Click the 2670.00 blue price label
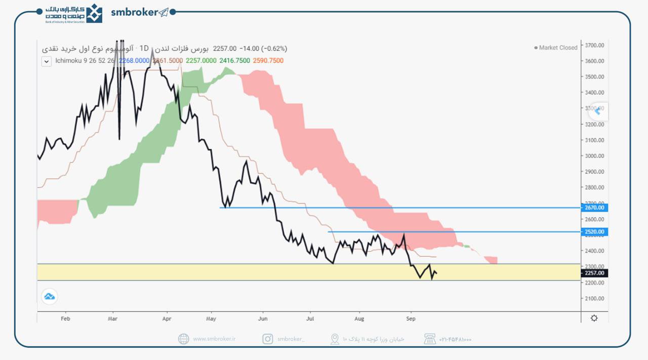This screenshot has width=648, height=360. [x=594, y=208]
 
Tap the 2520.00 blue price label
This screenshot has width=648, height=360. [x=594, y=232]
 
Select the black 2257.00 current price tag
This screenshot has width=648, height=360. [x=594, y=273]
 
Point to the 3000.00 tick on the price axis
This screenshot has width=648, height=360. [x=594, y=156]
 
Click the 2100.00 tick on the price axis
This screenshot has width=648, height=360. [x=594, y=298]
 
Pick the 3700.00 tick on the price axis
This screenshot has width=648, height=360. [x=594, y=45]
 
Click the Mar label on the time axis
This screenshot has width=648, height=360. [x=113, y=319]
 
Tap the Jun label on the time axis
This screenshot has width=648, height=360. [x=262, y=319]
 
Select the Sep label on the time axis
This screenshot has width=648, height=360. [x=411, y=319]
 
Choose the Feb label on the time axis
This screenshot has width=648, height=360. [x=65, y=319]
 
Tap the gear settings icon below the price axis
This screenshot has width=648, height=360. [x=594, y=318]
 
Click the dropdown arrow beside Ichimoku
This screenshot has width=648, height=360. [x=47, y=61]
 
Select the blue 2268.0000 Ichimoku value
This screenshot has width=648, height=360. [x=134, y=61]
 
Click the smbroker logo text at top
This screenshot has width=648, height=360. [x=135, y=13]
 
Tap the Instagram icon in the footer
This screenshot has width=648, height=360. [x=267, y=339]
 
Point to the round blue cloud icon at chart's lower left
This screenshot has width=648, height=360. [x=50, y=296]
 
